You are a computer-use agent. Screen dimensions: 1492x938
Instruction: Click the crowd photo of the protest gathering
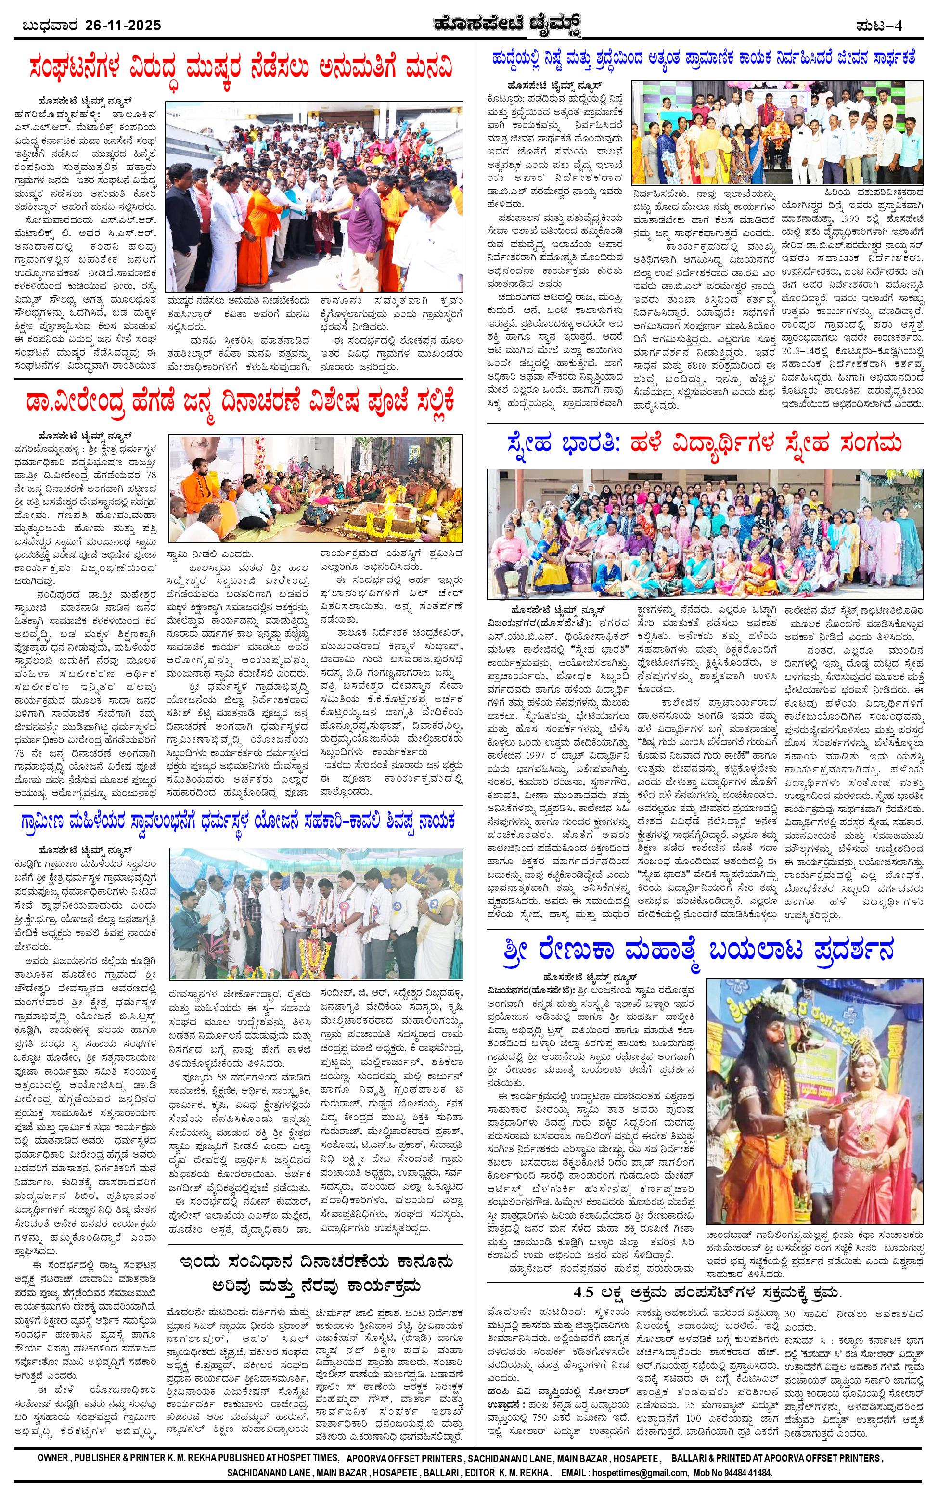[x=315, y=196]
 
